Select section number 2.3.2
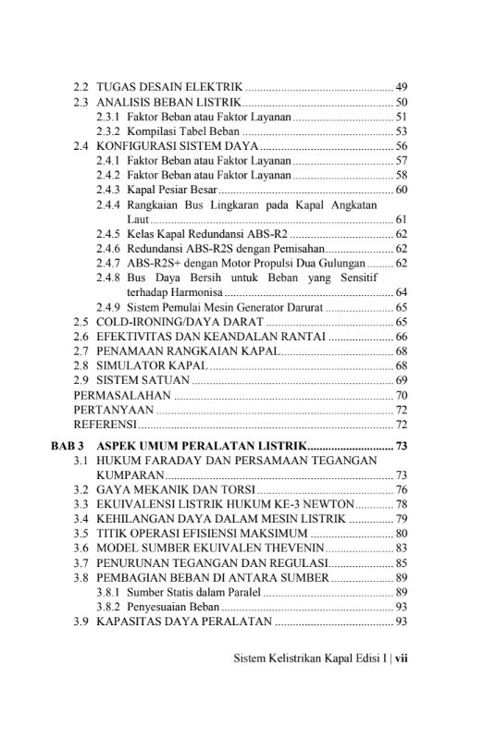click(x=107, y=132)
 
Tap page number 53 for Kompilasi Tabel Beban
click(x=402, y=132)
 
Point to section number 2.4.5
click(x=107, y=235)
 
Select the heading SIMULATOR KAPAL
click(x=148, y=365)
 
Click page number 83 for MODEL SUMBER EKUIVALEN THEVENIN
click(x=402, y=549)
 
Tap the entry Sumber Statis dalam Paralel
click(x=192, y=593)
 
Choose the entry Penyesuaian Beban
click(x=173, y=608)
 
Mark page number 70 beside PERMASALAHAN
click(x=402, y=395)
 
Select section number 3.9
click(x=81, y=623)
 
